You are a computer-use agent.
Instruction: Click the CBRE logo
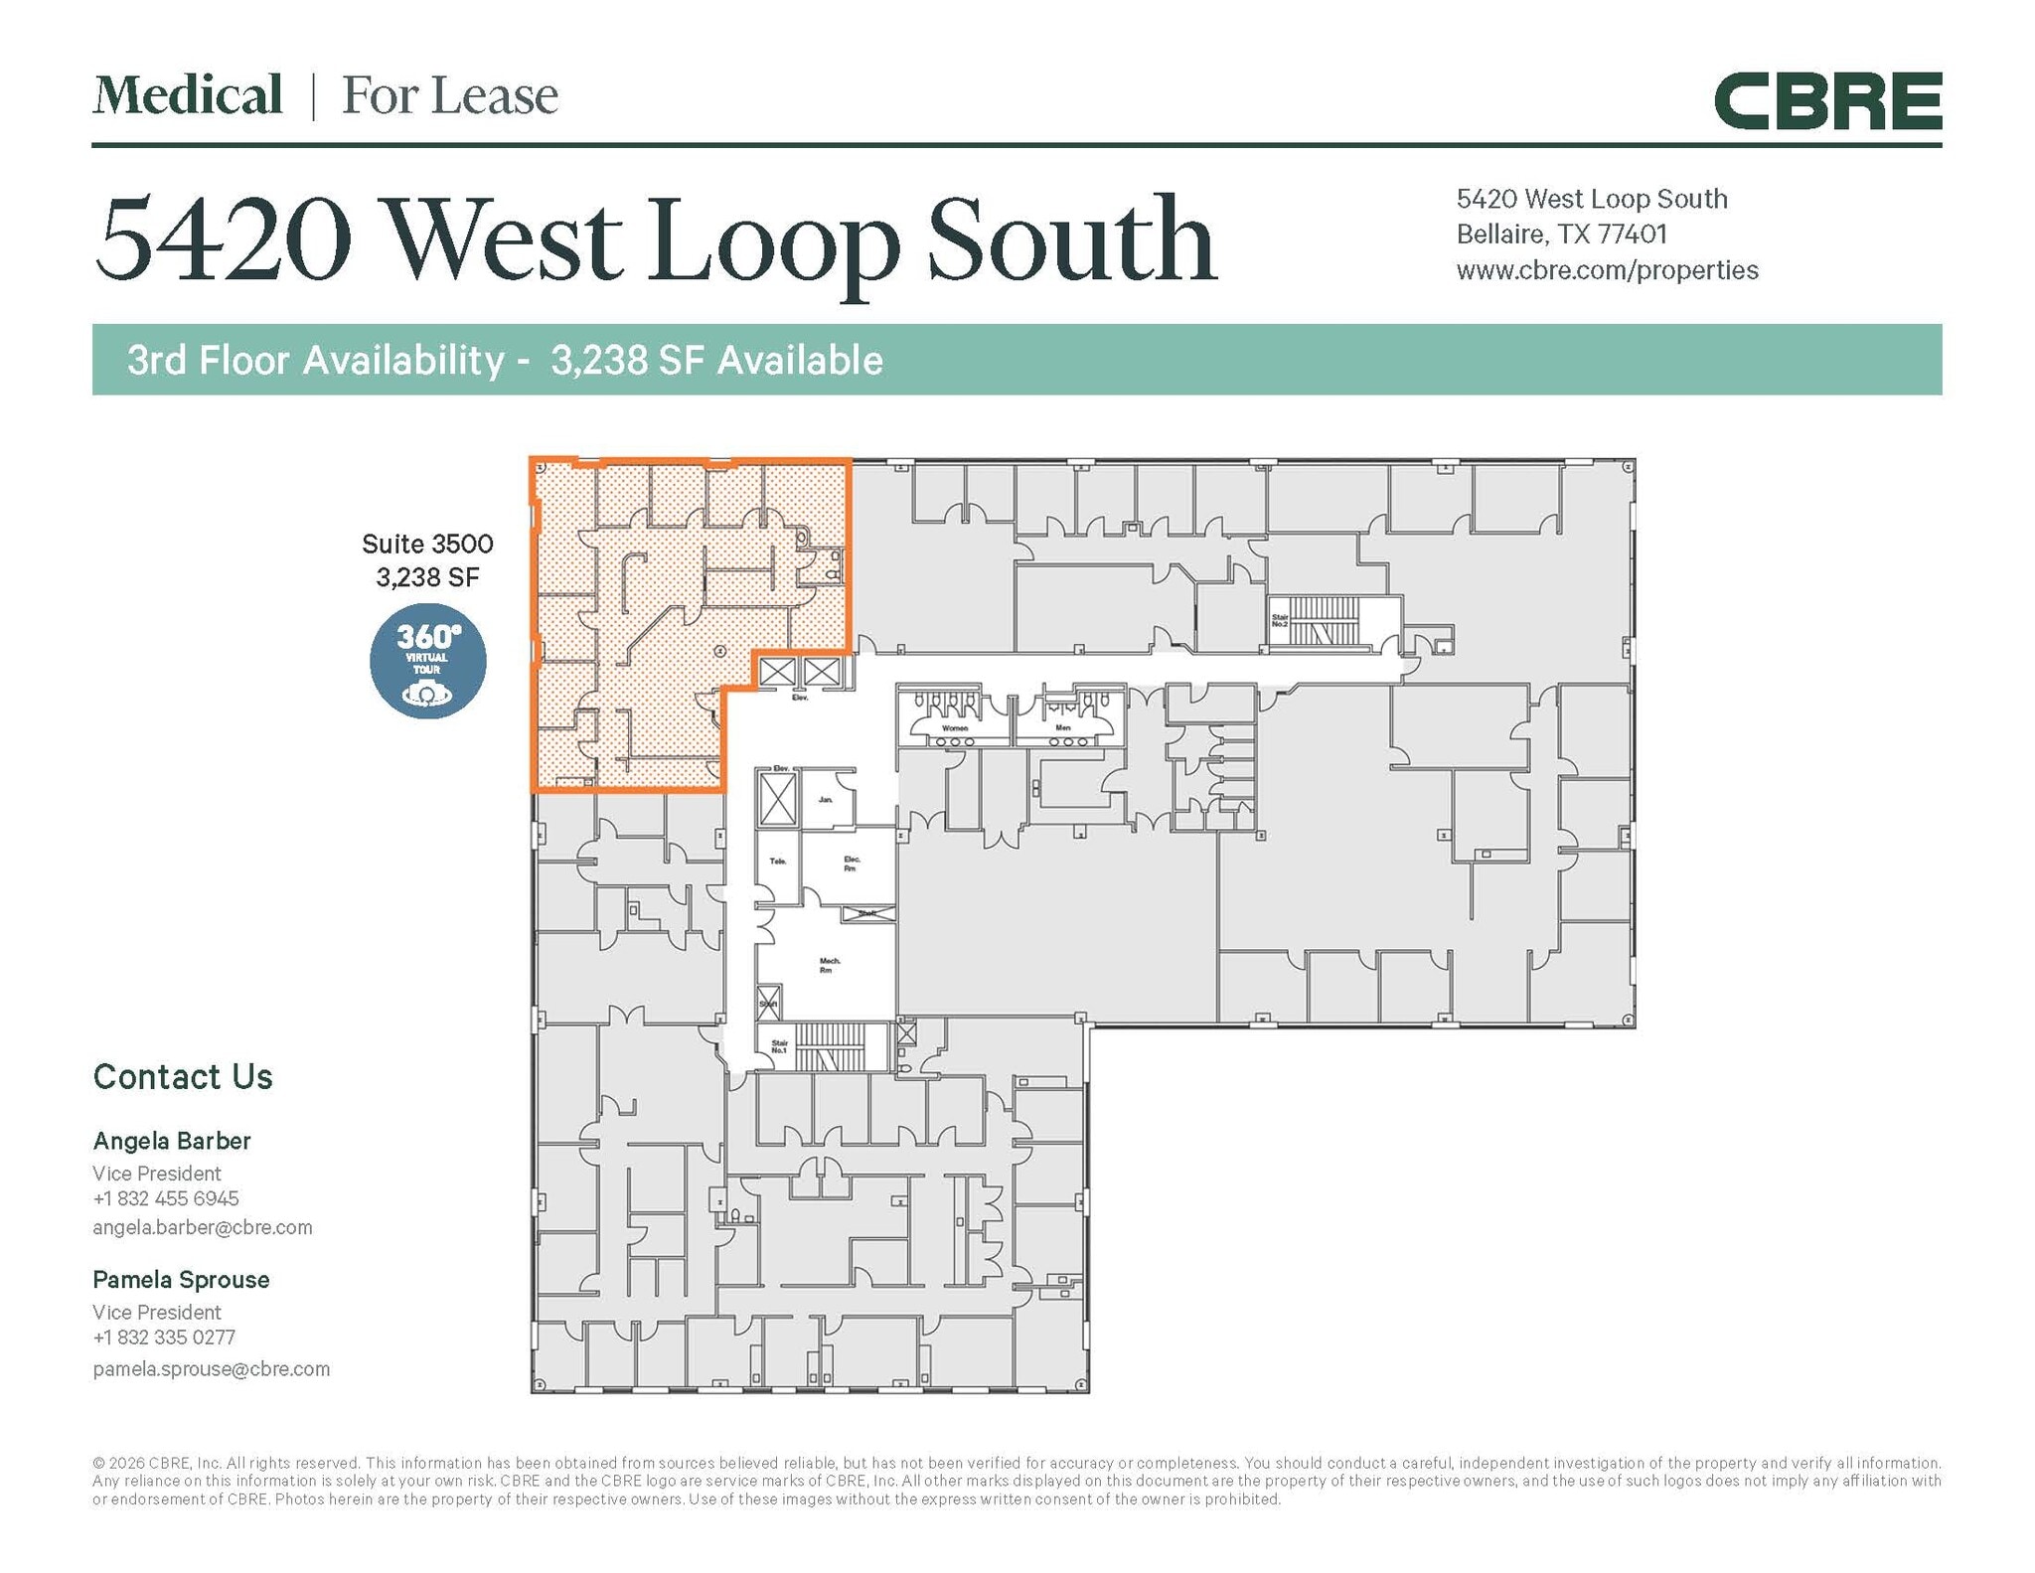1826,101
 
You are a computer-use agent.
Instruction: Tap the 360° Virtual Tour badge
427,661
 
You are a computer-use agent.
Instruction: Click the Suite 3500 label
427,544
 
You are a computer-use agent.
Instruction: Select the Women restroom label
954,728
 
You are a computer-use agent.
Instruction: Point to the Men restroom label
1063,728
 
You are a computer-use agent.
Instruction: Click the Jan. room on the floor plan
826,799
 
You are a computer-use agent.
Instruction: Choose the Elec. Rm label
852,863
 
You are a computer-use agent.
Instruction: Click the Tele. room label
778,861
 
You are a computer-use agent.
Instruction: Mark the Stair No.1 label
779,1046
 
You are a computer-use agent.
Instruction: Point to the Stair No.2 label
1280,620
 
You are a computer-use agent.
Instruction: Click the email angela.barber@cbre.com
203,1227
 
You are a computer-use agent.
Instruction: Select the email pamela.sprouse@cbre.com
211,1368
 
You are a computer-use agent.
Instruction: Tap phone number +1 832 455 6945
166,1198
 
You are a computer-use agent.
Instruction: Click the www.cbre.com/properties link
1607,270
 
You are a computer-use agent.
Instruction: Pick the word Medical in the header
188,95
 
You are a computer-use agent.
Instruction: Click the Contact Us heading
183,1077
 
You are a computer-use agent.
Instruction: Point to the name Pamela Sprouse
181,1280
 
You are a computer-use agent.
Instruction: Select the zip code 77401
1632,235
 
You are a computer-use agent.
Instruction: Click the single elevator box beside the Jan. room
777,799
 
